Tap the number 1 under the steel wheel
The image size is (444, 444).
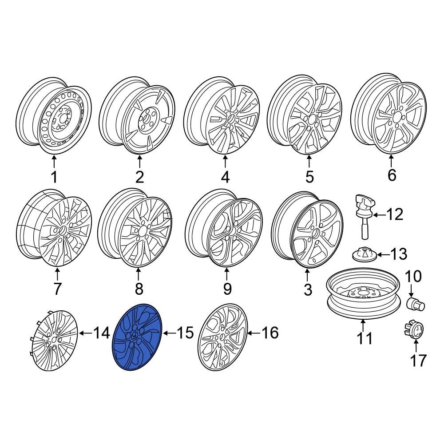pos(54,178)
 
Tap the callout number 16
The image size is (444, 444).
pos(270,332)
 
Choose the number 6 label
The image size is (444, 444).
pos(391,175)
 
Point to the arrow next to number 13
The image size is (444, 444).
pos(383,255)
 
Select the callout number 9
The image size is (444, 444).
pos(227,289)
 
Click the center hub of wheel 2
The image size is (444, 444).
pos(145,119)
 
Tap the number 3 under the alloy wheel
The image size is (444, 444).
pos(308,289)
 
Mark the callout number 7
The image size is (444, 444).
pos(57,289)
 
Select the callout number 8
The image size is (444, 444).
pos(139,289)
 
